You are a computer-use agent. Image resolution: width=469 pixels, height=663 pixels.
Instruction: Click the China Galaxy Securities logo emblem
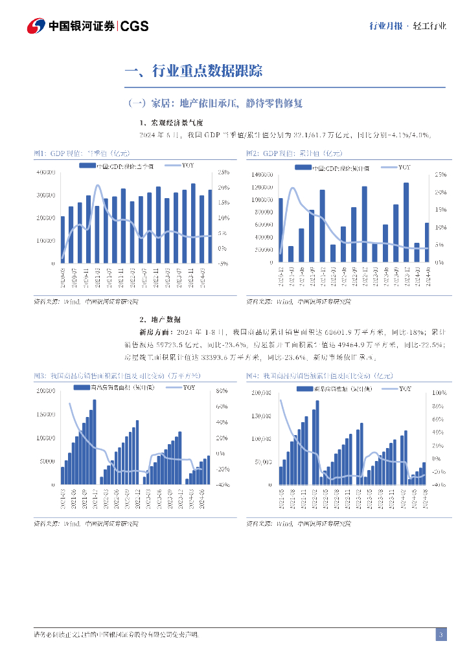point(36,26)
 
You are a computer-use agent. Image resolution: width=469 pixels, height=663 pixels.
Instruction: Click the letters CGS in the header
point(135,26)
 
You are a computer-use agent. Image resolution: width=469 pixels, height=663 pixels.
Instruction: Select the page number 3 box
point(440,635)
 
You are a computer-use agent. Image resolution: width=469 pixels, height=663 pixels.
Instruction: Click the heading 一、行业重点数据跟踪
point(193,71)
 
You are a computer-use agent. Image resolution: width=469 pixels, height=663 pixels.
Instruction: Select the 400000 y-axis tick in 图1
point(45,172)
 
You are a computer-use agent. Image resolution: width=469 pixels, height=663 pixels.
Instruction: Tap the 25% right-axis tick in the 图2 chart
point(440,175)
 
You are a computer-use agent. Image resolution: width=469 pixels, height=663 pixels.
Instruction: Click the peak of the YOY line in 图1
point(98,186)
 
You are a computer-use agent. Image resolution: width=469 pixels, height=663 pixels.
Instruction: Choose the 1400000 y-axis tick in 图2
point(262,175)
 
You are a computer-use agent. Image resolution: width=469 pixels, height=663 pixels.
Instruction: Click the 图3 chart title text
point(117,376)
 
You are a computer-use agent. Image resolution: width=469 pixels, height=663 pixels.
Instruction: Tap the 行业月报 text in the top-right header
point(385,26)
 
